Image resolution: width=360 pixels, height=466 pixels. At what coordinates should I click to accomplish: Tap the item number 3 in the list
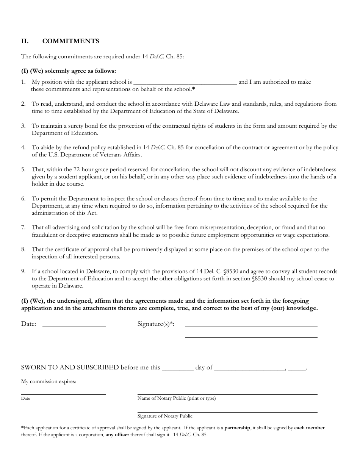23,126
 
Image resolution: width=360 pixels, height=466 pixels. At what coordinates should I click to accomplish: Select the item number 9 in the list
23,271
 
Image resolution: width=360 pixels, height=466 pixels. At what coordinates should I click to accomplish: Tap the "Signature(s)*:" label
156,324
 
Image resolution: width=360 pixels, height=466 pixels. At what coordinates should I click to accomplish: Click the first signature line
251,326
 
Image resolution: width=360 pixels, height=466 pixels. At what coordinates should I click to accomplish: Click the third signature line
251,347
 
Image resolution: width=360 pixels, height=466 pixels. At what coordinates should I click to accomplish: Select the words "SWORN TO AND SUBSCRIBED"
70,367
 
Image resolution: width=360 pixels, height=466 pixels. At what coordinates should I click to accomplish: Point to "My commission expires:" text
49,382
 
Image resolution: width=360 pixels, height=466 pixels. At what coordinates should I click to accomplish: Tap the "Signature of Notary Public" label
165,416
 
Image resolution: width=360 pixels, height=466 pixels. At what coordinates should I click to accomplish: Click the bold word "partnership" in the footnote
237,428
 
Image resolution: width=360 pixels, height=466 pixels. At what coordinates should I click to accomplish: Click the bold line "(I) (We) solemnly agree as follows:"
69,71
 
